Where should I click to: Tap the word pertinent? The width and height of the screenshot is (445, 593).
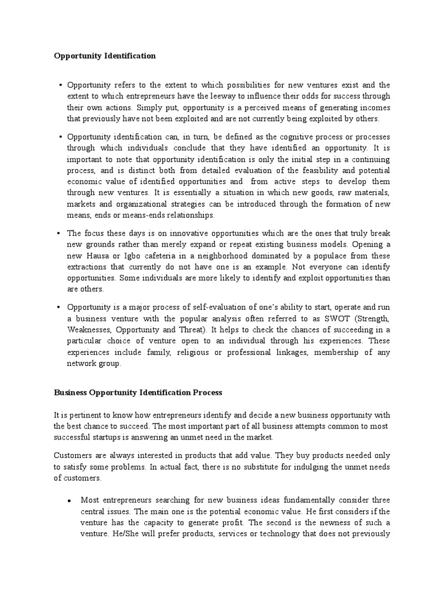(83, 415)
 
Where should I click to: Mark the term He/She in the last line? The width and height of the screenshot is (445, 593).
(93, 534)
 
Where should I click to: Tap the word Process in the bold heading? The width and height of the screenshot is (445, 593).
(202, 393)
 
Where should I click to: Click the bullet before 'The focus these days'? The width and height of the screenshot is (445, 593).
(60, 234)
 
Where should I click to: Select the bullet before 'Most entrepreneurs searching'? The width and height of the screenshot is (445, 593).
(69, 500)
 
